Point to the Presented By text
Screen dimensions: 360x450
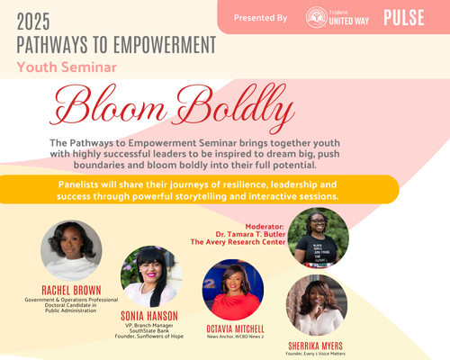coord(260,18)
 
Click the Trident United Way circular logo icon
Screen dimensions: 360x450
coord(316,17)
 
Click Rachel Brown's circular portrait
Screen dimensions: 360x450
coord(71,251)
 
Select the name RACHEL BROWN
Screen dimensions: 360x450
coord(71,289)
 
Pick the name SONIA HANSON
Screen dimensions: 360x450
coord(150,316)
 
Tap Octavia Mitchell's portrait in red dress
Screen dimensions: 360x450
coord(232,291)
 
